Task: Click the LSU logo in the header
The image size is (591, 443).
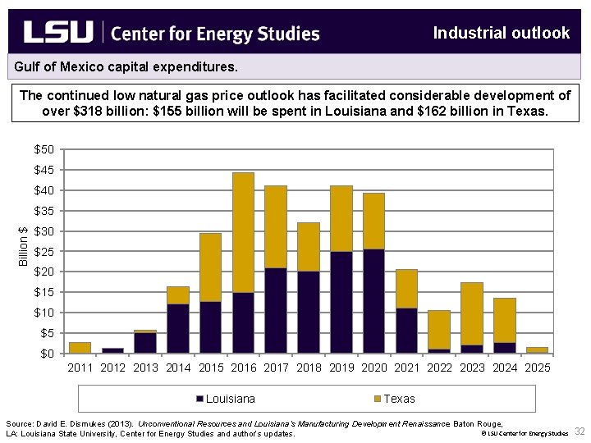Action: (58, 33)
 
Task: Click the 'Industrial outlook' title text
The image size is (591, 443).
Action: (501, 33)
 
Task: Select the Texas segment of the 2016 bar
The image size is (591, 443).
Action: (243, 232)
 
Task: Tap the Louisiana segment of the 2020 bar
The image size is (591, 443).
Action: (373, 301)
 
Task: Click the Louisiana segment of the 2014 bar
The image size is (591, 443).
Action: (178, 328)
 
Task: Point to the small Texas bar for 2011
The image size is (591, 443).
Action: (80, 348)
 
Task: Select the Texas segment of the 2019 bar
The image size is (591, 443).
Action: (341, 218)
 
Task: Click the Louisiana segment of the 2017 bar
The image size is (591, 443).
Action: (276, 310)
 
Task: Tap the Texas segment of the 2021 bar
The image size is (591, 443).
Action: (406, 289)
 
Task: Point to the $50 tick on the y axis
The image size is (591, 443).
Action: (44, 149)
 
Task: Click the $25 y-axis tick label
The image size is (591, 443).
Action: (44, 251)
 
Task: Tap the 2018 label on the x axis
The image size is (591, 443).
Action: (309, 368)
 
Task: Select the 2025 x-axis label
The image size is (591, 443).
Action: (537, 368)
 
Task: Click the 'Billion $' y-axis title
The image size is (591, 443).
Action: (24, 246)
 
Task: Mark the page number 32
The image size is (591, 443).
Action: (580, 432)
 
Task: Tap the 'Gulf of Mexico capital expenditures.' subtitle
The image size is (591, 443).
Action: (126, 64)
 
